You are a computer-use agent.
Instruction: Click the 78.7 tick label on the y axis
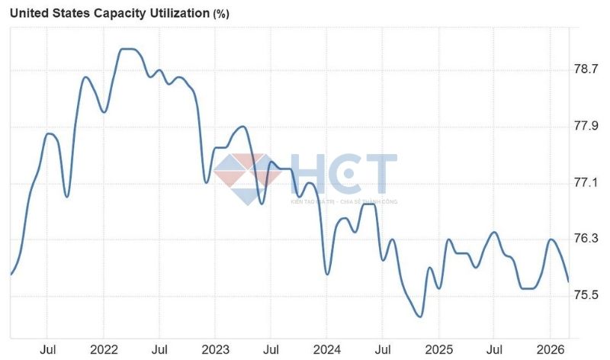click(x=586, y=69)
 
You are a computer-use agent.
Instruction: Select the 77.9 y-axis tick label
click(x=586, y=126)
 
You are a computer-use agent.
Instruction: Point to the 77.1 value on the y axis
click(x=586, y=183)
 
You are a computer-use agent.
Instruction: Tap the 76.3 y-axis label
click(x=586, y=239)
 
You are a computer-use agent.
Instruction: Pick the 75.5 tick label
click(x=586, y=296)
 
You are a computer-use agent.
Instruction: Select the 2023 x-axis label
click(x=215, y=349)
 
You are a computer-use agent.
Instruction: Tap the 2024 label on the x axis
click(x=326, y=349)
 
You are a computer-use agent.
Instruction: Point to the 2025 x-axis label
click(x=438, y=349)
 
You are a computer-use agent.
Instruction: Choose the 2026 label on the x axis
click(x=551, y=349)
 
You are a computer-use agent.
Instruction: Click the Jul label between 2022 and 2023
click(x=159, y=349)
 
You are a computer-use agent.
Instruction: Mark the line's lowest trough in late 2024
click(x=419, y=316)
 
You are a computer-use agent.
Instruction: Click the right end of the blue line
click(x=568, y=281)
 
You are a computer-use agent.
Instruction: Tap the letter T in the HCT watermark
click(x=379, y=174)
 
